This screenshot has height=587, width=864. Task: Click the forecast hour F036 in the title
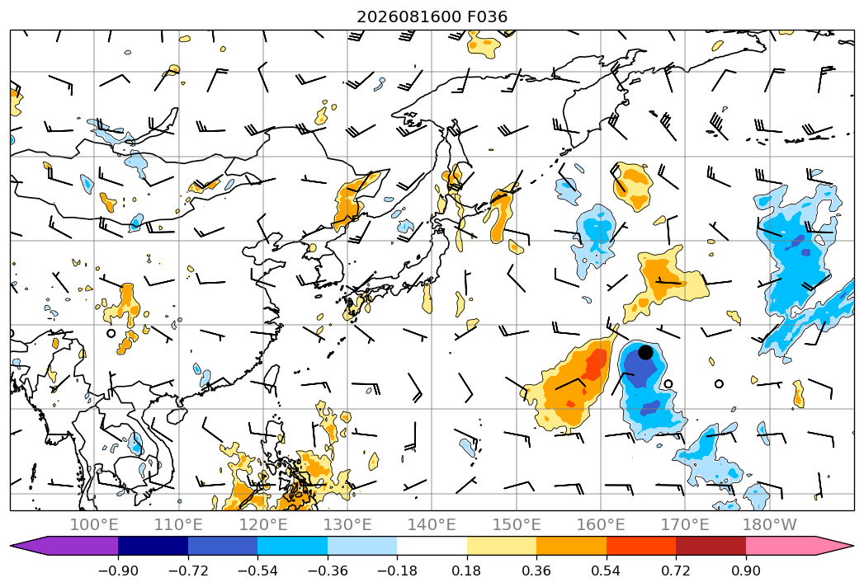(487, 17)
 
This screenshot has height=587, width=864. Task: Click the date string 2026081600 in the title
(408, 17)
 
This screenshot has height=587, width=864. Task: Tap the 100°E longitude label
(94, 524)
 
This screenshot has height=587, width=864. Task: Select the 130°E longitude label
(347, 524)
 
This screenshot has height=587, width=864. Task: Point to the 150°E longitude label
(517, 524)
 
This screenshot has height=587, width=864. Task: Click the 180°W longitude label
(770, 524)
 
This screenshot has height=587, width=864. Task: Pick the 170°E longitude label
(685, 524)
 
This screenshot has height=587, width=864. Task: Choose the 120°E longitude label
(263, 524)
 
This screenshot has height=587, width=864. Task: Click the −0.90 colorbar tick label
(118, 571)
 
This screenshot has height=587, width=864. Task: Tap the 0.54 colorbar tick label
(607, 571)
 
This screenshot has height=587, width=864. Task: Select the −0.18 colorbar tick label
(397, 571)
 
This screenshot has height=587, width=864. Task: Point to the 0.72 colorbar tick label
(676, 571)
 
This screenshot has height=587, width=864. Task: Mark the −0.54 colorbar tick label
(257, 571)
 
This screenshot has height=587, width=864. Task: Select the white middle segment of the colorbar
(432, 545)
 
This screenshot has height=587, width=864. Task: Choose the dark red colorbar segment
(711, 545)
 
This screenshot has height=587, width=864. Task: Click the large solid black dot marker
(645, 352)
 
